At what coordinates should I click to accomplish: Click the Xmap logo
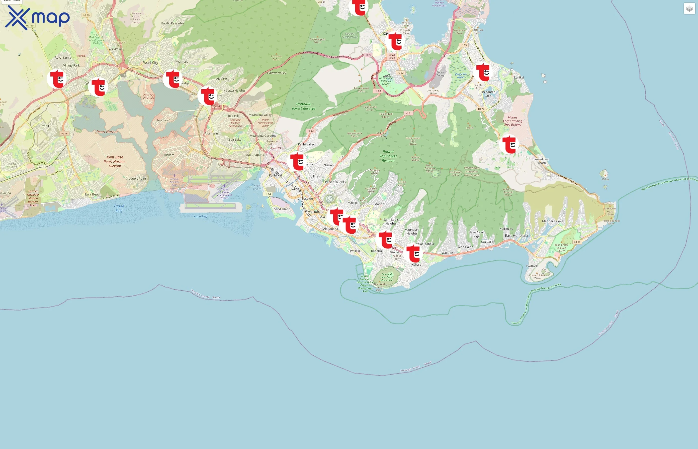tap(37, 17)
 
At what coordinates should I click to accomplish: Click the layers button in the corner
tap(689, 9)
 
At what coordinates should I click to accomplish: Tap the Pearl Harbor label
tap(107, 132)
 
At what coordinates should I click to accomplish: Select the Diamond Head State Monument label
tap(387, 277)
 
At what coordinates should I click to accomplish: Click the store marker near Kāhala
tap(413, 253)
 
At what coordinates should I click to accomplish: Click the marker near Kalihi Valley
tap(297, 161)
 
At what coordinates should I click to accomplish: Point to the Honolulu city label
tap(316, 211)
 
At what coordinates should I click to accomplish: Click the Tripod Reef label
tap(119, 208)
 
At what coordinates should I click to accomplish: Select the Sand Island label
tap(282, 209)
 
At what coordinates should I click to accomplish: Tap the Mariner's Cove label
tap(552, 221)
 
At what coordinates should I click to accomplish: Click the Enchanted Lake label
tap(488, 94)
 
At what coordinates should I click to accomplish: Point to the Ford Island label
tap(163, 120)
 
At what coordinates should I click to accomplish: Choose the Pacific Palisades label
tap(173, 23)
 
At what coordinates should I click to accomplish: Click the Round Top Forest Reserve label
tap(388, 156)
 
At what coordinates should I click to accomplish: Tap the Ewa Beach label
tap(93, 194)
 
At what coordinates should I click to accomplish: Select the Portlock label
tap(532, 266)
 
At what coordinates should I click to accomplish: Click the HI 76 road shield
tap(64, 133)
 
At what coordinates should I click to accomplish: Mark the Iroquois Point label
tap(136, 178)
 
